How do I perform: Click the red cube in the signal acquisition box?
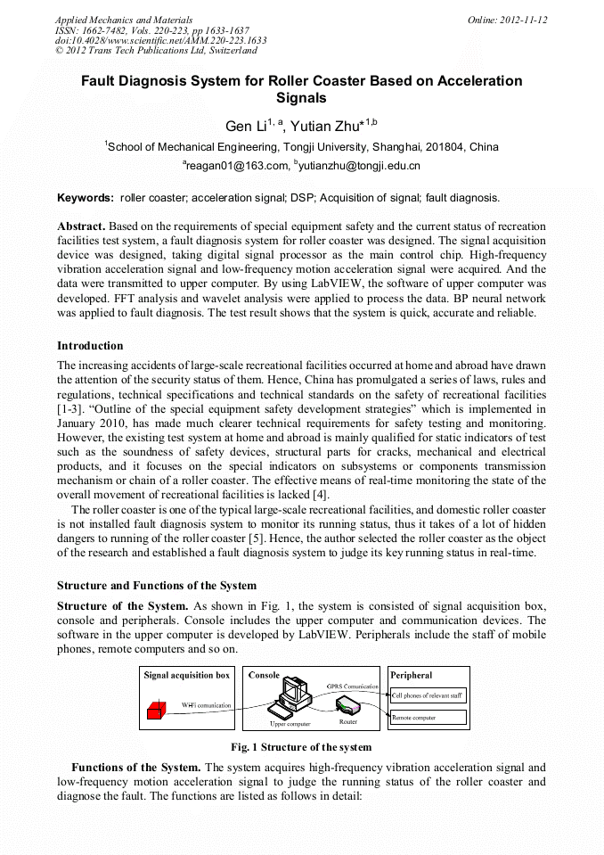point(157,711)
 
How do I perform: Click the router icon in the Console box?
point(347,706)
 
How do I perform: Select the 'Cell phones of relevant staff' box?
point(429,695)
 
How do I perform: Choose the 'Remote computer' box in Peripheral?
point(429,717)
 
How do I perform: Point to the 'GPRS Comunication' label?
point(353,686)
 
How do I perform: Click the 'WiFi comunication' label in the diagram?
point(206,705)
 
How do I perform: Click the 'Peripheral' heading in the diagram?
point(412,676)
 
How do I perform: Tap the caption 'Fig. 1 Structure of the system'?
point(301,747)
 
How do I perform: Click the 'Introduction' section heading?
point(90,346)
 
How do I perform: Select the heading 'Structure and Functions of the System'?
point(157,586)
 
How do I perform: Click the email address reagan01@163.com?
point(236,166)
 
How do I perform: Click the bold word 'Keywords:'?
point(86,197)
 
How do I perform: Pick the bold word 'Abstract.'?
point(82,227)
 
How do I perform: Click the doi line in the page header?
point(160,40)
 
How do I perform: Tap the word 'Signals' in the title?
point(301,99)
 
